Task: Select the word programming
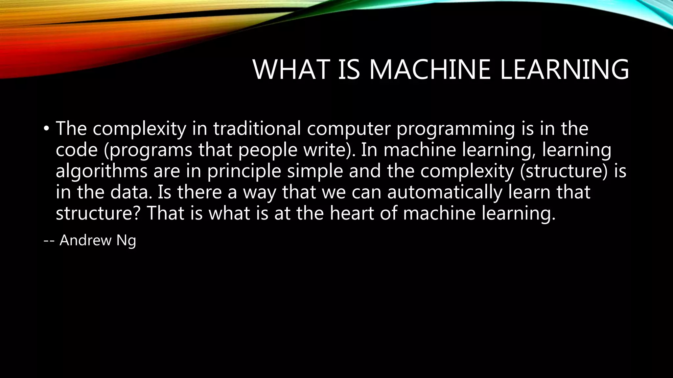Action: (455, 129)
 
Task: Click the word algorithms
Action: (102, 171)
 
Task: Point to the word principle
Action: (244, 171)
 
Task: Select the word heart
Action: (352, 213)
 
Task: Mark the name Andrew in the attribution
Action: (85, 241)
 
